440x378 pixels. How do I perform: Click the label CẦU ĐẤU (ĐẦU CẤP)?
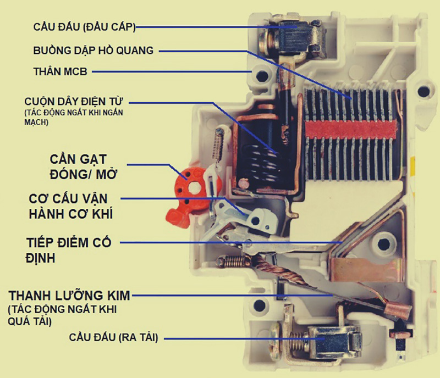pos(85,27)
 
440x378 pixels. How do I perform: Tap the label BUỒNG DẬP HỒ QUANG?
pos(94,51)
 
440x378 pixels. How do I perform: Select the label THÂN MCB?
pos(61,71)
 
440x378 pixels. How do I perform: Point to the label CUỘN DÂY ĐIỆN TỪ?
pos(74,101)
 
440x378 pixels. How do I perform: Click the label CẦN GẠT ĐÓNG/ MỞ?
pos(83,166)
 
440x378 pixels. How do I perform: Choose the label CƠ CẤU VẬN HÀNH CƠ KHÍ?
pos(71,206)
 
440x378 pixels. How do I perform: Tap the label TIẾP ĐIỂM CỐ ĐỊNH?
pos(69,250)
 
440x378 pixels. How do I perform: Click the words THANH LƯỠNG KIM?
pos(69,295)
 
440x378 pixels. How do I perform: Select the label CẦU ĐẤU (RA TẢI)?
pos(114,337)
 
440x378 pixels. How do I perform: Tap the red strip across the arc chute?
pos(351,129)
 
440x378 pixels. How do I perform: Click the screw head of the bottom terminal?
pos(276,341)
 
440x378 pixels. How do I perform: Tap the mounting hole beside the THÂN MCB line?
pos(262,76)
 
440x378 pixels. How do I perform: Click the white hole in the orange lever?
pos(193,187)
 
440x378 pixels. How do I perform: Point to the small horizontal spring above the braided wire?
pos(233,262)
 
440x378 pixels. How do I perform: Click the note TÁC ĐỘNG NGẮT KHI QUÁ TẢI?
pos(62,315)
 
